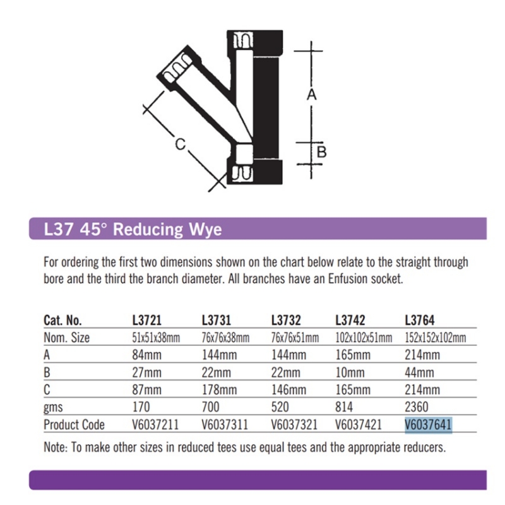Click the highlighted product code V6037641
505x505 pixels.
(428, 424)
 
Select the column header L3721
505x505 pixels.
(147, 320)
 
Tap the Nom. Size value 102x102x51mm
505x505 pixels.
(364, 338)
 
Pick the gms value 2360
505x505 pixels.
(417, 407)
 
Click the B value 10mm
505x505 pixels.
(350, 372)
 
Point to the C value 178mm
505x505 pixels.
(219, 389)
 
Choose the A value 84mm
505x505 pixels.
(146, 355)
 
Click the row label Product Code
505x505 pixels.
(74, 424)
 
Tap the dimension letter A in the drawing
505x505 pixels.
(311, 95)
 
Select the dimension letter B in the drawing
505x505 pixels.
(322, 151)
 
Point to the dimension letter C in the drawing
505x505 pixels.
(181, 144)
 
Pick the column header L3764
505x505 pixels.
(420, 320)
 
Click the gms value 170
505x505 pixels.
(141, 407)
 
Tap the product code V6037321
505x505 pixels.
(294, 424)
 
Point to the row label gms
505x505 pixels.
(53, 408)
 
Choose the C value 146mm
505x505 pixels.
(288, 389)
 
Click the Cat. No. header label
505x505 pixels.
(62, 320)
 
